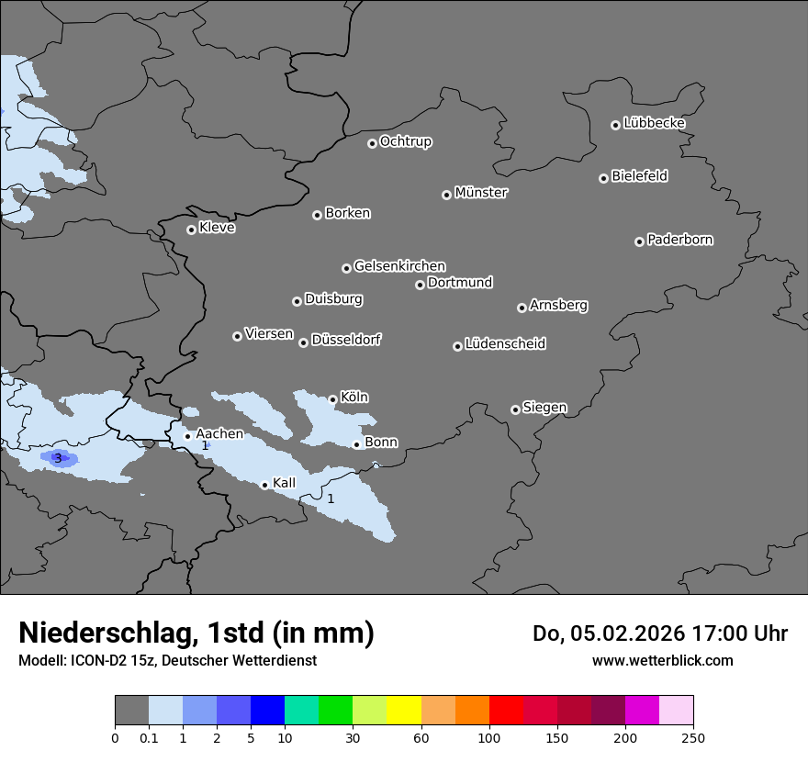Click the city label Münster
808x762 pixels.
[481, 193]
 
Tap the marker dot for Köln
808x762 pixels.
[332, 399]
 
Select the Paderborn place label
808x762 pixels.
[680, 240]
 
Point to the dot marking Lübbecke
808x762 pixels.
[615, 125]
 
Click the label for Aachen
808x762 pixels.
[219, 434]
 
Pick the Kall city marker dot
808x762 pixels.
[264, 485]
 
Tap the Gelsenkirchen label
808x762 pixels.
[399, 266]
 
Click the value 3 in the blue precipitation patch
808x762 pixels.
[58, 458]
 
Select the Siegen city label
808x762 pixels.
[544, 408]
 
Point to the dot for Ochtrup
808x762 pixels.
[372, 143]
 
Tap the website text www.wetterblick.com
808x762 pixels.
[662, 660]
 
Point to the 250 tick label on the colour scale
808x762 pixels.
[693, 737]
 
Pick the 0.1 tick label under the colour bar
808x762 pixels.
[149, 737]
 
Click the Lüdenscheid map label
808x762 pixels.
[505, 344]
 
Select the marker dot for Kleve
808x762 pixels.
[191, 230]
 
